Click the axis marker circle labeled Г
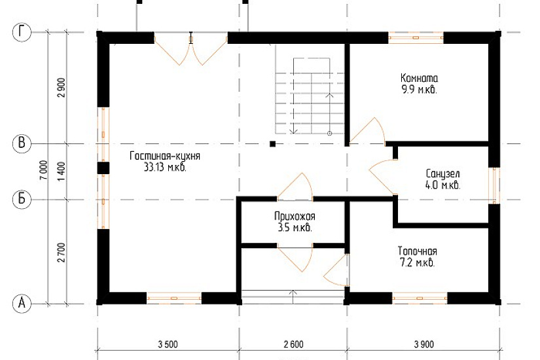(22, 33)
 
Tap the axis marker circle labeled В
(22, 143)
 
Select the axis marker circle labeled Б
(22, 200)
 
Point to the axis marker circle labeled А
(22, 304)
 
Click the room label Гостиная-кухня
(164, 156)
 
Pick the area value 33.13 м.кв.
(165, 168)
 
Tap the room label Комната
(419, 78)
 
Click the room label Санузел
(442, 173)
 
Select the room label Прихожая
(295, 217)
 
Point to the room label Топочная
(418, 251)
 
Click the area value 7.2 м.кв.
(418, 263)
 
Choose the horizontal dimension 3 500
(168, 344)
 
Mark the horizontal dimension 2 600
(294, 344)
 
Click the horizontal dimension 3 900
(424, 344)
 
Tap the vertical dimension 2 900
(61, 88)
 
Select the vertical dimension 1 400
(61, 172)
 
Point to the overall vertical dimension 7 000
(44, 170)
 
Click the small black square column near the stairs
(272, 143)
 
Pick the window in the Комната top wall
(416, 37)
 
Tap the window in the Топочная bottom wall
(420, 298)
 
